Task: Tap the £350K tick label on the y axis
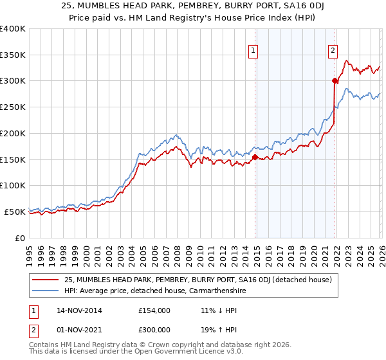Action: point(13,55)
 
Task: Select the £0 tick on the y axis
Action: point(21,238)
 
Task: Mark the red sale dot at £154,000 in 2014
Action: point(255,157)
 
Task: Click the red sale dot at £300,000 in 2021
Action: point(335,80)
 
